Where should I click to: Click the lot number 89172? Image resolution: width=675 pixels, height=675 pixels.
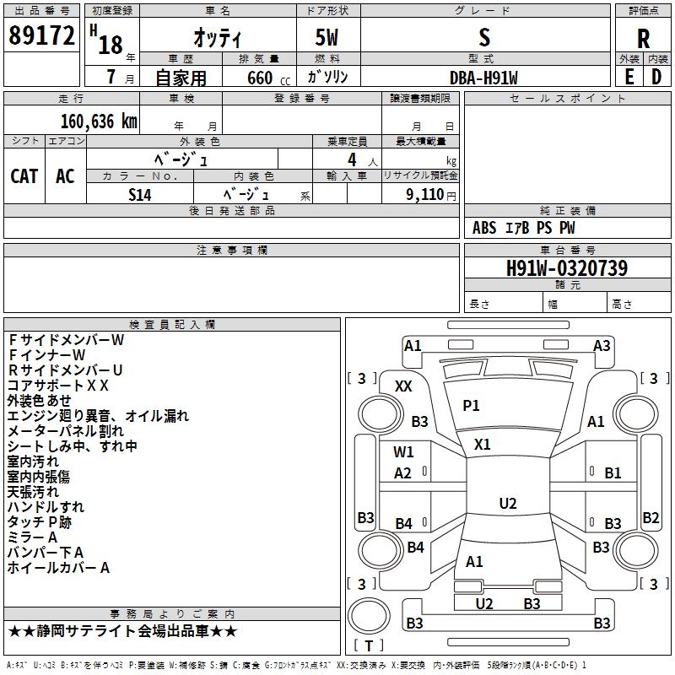(x=41, y=36)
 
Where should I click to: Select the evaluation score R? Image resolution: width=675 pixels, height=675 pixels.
(x=643, y=39)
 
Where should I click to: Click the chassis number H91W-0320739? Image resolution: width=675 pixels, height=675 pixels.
(x=566, y=268)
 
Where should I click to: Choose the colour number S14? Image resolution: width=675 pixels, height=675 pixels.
(x=140, y=193)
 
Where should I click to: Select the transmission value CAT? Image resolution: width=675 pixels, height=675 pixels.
(x=24, y=175)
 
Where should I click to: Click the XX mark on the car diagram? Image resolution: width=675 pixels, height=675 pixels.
(x=403, y=386)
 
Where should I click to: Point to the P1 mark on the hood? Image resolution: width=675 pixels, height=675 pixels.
(x=471, y=406)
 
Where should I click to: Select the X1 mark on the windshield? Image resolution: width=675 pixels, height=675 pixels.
(x=483, y=444)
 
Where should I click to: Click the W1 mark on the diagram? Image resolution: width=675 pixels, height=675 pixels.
(x=403, y=451)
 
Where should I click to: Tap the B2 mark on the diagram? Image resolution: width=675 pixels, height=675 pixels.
(x=651, y=518)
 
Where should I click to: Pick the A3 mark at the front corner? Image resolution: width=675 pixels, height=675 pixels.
(x=602, y=345)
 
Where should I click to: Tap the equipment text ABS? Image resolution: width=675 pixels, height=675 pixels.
(x=484, y=228)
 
